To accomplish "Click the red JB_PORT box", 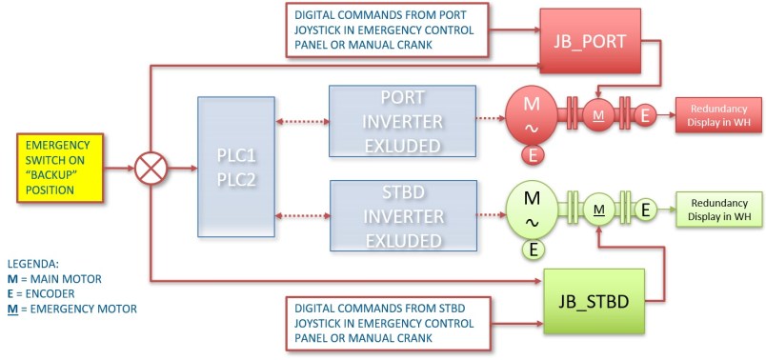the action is coord(590,41).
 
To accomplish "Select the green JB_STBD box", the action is coord(594,301).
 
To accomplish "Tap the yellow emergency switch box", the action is coord(60,168).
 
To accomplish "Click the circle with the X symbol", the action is coord(151,169).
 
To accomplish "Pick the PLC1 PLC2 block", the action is coord(236,167).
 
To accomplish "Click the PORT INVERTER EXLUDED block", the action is coord(403,121).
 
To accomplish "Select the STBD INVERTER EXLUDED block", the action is coord(404,216).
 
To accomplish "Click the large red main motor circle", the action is coord(531,116).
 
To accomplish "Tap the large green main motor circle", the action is coord(532,210).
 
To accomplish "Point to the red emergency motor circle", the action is coord(599,115).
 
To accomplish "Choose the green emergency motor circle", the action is coord(599,210).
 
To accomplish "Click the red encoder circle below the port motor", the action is coord(533,155).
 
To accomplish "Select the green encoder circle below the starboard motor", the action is coord(534,250).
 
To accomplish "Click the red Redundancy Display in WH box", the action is coord(718,115).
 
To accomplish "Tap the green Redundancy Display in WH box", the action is coord(718,210).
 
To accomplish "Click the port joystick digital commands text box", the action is coord(388,30).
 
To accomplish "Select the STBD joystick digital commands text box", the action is coord(388,324).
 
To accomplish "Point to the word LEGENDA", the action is coord(32,264).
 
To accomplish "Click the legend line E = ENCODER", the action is coord(41,293).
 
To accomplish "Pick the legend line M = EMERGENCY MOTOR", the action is coord(71,309).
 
